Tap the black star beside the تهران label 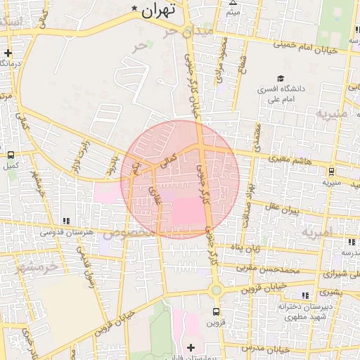click(134, 7)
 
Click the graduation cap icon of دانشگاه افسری click(281, 79)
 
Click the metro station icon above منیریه click(330, 170)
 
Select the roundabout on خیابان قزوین click(216, 290)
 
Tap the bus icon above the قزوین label click(216, 311)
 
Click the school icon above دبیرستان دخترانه click(304, 296)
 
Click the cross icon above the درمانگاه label click(8, 53)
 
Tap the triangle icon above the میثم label click(233, 2)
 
